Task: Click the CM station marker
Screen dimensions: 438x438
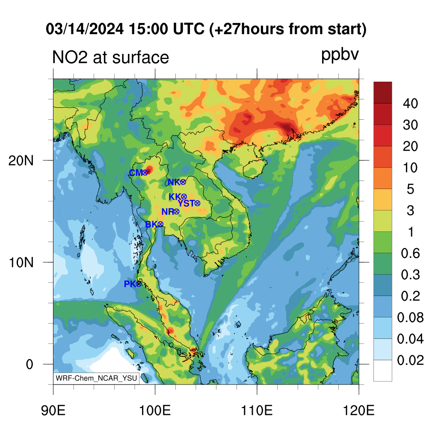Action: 145,173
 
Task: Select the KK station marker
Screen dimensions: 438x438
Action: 183,197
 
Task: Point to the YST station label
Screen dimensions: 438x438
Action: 186,203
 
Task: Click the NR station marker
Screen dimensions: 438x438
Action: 176,212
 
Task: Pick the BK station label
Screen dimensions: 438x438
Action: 151,224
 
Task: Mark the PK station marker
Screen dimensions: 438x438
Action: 139,284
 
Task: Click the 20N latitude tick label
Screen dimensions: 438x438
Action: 21,161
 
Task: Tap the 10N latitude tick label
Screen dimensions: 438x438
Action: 21,263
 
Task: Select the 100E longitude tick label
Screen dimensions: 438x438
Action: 155,411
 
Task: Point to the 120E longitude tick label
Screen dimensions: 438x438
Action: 359,411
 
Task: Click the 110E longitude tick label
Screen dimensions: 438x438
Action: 257,411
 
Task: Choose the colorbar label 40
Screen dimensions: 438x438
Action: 410,104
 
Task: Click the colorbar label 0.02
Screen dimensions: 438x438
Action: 410,360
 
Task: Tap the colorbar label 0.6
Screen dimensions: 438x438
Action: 410,253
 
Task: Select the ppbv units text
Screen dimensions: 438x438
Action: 340,55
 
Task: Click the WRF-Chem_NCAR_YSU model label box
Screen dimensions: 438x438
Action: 96,378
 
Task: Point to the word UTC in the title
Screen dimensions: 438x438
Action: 189,29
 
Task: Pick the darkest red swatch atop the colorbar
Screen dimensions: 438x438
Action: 383,93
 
